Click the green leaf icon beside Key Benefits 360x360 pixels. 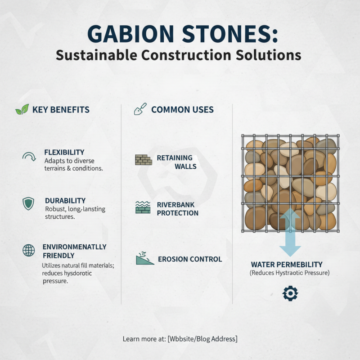click(22, 110)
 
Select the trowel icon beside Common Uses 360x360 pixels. click(140, 109)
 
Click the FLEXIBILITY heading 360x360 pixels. click(64, 152)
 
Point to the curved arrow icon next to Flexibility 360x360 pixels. click(29, 157)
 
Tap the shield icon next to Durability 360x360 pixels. click(28, 203)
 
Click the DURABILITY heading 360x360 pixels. click(65, 200)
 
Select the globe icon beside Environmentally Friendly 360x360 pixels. click(28, 250)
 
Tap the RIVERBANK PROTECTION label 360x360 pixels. click(177, 209)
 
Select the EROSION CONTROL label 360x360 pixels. click(190, 259)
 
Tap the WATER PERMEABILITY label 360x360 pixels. click(287, 265)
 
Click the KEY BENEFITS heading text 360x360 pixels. click(61, 110)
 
